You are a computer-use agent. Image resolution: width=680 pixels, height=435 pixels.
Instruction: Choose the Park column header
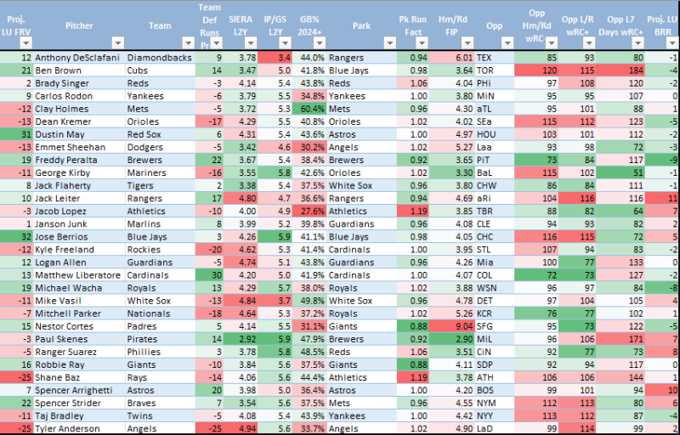[362, 25]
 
